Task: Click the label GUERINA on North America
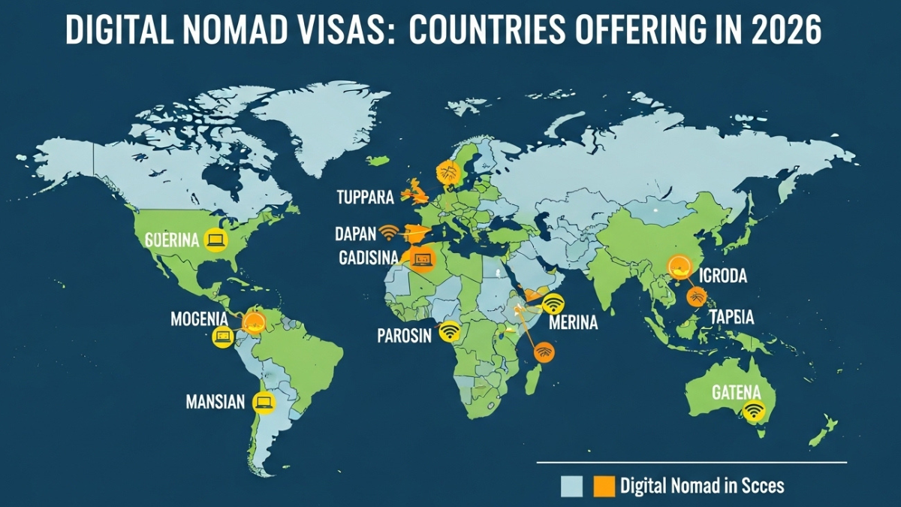[x=172, y=240]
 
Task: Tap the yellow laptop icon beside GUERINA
[x=216, y=240]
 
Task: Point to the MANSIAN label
[x=215, y=402]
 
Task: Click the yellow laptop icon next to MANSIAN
[x=264, y=403]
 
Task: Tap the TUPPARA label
[x=365, y=198]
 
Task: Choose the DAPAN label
[x=355, y=234]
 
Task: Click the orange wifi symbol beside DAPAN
[x=389, y=231]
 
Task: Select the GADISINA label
[x=369, y=258]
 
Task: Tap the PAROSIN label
[x=404, y=335]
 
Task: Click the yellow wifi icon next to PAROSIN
[x=450, y=330]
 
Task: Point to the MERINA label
[x=574, y=323]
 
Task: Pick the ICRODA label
[x=722, y=276]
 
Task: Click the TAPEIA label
[x=731, y=317]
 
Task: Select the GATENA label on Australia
[x=736, y=391]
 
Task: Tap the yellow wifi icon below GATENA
[x=754, y=410]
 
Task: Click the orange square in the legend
[x=604, y=487]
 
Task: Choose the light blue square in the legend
[x=572, y=487]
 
